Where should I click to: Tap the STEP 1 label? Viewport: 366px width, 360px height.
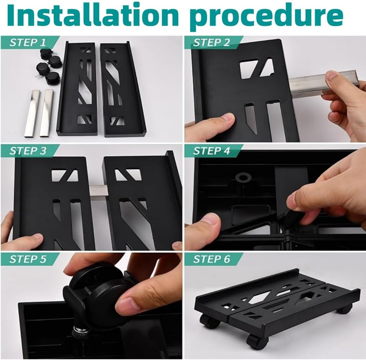point(28,42)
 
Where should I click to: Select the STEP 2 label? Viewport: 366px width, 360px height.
point(212,42)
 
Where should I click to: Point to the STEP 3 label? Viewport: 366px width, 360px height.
point(28,150)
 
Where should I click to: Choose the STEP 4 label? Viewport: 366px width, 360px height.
point(212,150)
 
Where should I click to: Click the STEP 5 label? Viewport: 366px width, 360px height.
point(28,259)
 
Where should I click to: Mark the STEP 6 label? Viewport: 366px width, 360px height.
point(212,259)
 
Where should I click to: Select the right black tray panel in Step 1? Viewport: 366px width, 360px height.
point(121,90)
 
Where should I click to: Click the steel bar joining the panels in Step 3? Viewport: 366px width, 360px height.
point(97,192)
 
